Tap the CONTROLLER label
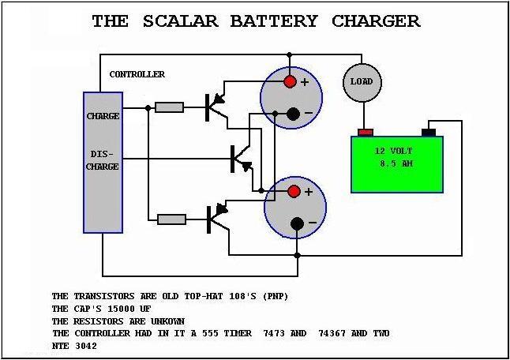click(x=137, y=74)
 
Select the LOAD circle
click(x=362, y=82)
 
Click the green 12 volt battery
click(x=397, y=163)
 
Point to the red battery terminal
click(x=365, y=132)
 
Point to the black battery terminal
click(x=429, y=132)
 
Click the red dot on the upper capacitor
click(x=291, y=82)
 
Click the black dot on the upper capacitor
click(x=293, y=114)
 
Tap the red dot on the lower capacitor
click(x=293, y=192)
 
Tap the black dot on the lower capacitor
click(x=296, y=223)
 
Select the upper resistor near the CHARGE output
click(x=169, y=107)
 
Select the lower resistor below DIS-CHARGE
click(x=171, y=219)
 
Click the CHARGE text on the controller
click(x=103, y=116)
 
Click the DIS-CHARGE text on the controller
click(x=103, y=161)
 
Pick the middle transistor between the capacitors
click(x=238, y=159)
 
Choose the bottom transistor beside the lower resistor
click(x=215, y=218)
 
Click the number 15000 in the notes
click(x=115, y=309)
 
